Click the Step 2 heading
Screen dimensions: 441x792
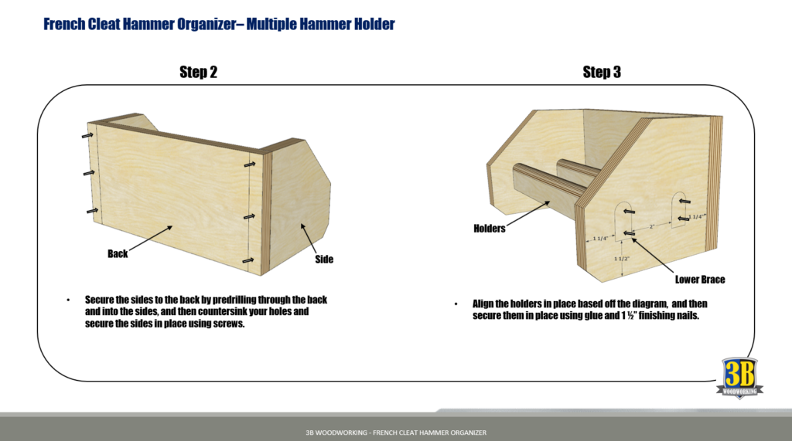pos(198,73)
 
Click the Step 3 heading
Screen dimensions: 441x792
pos(602,73)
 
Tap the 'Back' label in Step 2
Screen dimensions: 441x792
pos(118,253)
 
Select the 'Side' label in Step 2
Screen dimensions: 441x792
pos(324,260)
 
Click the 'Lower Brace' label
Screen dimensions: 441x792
pos(699,279)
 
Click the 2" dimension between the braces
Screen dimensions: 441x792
pos(652,227)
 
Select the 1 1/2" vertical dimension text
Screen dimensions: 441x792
pos(622,259)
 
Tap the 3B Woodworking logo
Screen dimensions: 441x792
pos(742,378)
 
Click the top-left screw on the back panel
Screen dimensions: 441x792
pos(87,135)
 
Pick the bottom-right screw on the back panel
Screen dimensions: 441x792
pos(249,261)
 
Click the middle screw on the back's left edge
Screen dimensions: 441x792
pos(89,172)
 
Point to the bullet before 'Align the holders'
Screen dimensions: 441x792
pos(456,304)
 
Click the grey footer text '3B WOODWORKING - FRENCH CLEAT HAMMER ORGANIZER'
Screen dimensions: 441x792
pos(396,433)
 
